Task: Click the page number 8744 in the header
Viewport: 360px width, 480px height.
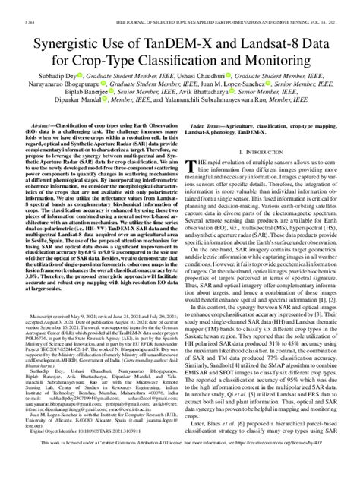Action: point(14,6)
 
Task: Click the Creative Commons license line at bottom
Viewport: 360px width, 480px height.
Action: point(180,462)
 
